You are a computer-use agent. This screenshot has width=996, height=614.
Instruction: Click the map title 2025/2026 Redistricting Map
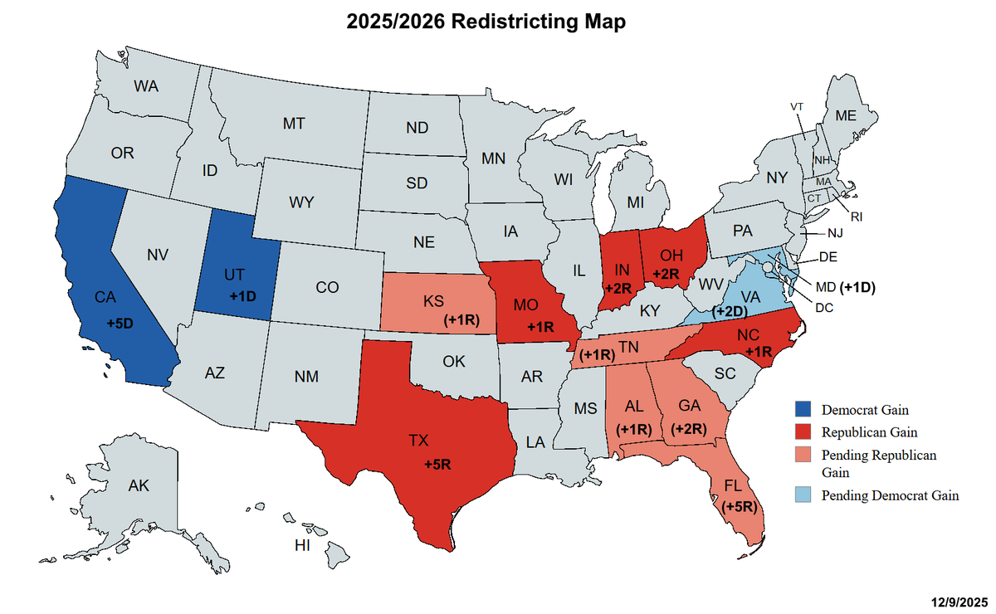click(486, 22)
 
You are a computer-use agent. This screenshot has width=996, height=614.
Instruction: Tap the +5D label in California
click(120, 322)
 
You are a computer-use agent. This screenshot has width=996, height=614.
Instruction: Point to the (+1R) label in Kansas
click(461, 319)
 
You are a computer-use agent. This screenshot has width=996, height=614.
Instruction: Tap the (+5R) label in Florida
click(739, 505)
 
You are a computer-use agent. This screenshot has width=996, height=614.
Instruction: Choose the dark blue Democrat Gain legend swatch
click(802, 409)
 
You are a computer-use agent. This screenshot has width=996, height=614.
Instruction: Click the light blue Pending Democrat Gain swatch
click(802, 495)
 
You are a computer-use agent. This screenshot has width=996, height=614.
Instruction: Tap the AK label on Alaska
click(139, 485)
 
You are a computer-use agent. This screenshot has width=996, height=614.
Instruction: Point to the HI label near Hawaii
click(303, 545)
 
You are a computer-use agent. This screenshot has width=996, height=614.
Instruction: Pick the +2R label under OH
click(667, 274)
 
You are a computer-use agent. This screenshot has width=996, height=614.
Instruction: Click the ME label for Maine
click(845, 116)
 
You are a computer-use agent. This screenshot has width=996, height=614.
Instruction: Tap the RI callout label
click(856, 217)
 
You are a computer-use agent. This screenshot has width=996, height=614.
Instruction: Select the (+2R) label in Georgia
click(689, 429)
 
